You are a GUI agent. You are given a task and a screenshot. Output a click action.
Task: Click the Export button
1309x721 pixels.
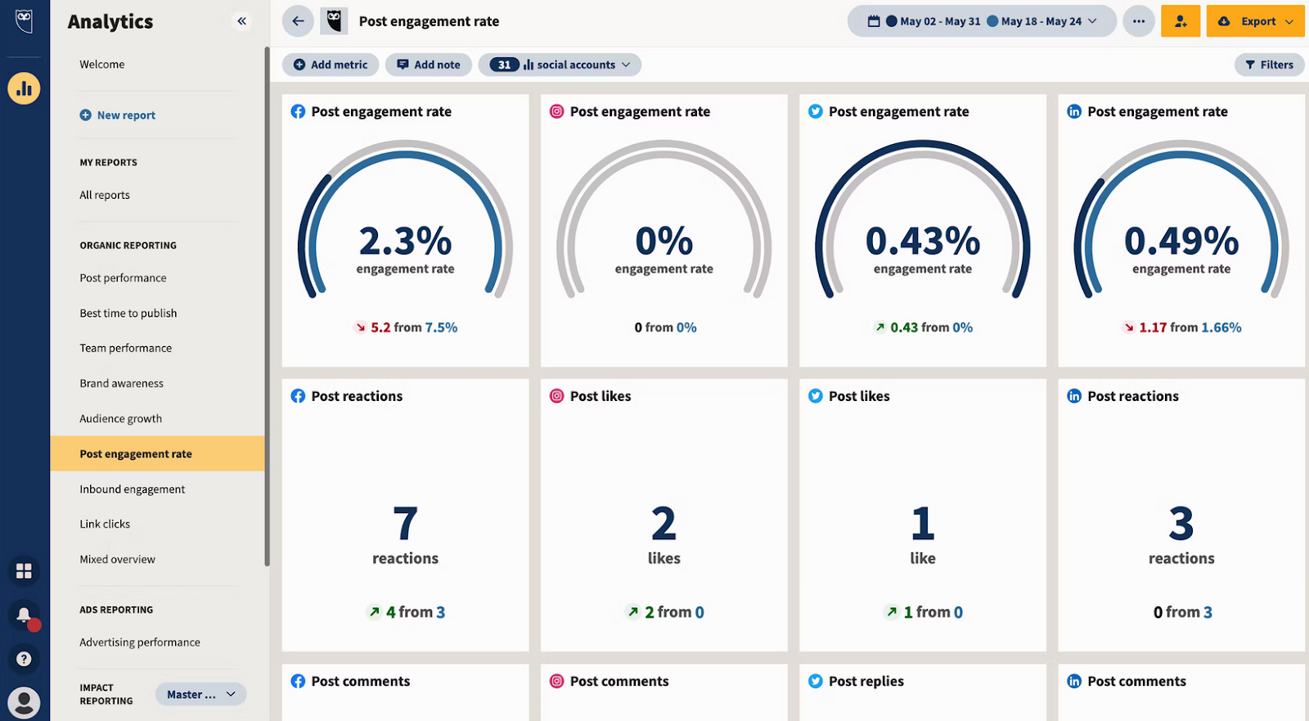pyautogui.click(x=1255, y=21)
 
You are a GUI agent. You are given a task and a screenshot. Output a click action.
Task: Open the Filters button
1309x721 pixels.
pyautogui.click(x=1269, y=65)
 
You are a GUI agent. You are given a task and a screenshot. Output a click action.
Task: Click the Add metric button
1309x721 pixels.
pyautogui.click(x=331, y=65)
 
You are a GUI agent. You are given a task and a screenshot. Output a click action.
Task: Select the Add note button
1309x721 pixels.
pyautogui.click(x=429, y=65)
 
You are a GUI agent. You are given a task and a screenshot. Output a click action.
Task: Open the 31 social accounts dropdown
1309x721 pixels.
pyautogui.click(x=560, y=65)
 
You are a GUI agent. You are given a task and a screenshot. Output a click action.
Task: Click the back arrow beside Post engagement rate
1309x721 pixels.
pyautogui.click(x=298, y=21)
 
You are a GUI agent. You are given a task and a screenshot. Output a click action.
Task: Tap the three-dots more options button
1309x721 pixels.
pyautogui.click(x=1139, y=21)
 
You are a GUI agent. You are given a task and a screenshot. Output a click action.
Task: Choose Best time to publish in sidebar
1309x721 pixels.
pyautogui.click(x=128, y=313)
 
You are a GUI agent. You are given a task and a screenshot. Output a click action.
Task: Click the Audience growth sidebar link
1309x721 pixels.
pyautogui.click(x=121, y=419)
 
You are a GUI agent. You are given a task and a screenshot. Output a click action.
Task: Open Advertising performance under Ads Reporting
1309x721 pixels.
pyautogui.click(x=140, y=642)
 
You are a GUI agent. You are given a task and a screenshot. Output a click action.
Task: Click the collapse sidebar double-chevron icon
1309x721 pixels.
pyautogui.click(x=241, y=21)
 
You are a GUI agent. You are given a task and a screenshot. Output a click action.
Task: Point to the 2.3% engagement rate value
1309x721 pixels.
pyautogui.click(x=405, y=241)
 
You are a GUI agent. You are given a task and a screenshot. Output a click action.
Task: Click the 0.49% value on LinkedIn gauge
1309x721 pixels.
pyautogui.click(x=1181, y=241)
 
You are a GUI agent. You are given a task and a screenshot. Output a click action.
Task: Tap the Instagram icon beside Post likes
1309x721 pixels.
pyautogui.click(x=556, y=396)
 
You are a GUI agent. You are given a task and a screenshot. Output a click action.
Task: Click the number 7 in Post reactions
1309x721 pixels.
pyautogui.click(x=405, y=524)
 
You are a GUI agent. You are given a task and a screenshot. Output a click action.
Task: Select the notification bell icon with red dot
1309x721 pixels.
pyautogui.click(x=24, y=615)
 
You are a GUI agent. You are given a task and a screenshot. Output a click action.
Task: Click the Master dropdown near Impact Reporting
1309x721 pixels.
pyautogui.click(x=200, y=695)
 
